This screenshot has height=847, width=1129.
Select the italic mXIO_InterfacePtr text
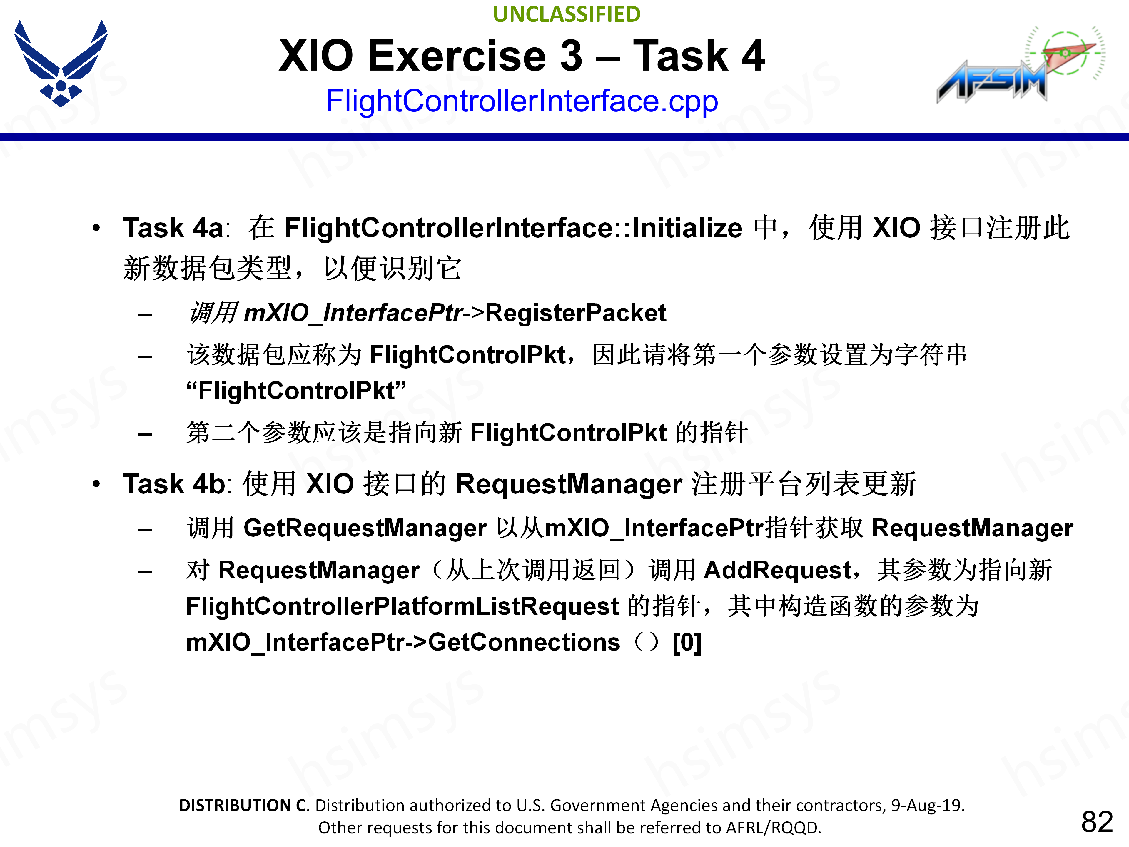353,313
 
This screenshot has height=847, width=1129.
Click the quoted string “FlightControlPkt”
296,391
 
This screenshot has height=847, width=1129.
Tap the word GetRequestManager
365,528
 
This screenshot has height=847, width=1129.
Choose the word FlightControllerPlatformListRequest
402,606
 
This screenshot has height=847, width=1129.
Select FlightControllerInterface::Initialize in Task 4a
513,228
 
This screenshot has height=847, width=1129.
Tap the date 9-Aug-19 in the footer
927,805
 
